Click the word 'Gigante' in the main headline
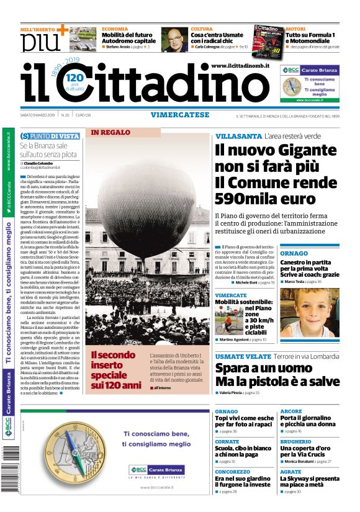299,151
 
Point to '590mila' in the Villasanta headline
247,199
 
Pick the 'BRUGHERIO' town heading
295,441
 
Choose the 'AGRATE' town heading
290,472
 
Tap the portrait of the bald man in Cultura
175,39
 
